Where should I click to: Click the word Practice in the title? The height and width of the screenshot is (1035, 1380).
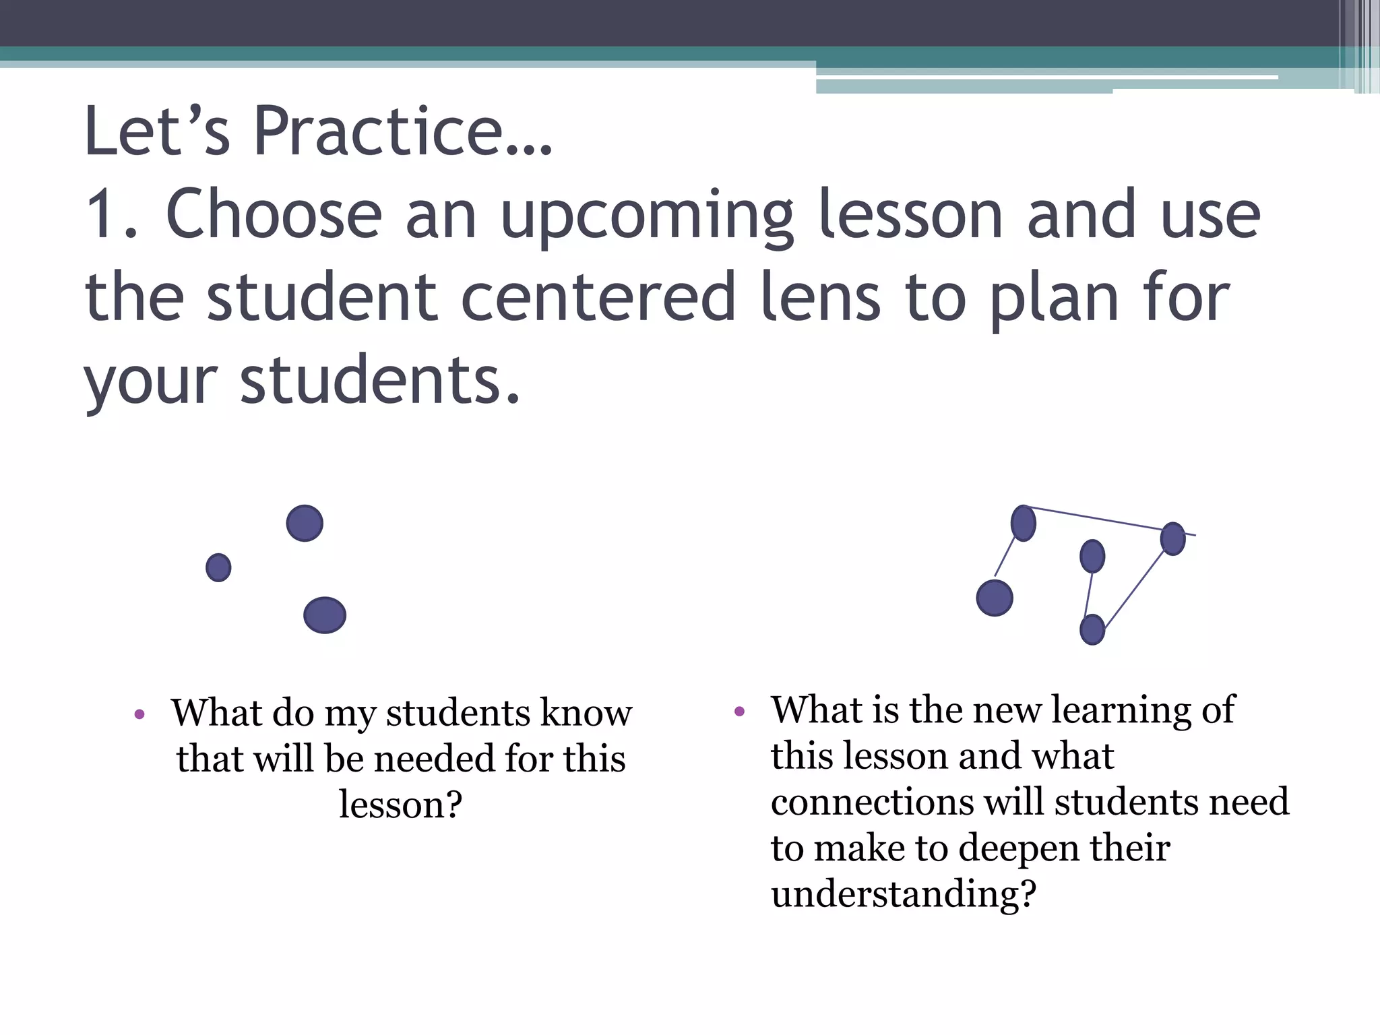(402, 131)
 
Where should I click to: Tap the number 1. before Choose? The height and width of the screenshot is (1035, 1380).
(112, 214)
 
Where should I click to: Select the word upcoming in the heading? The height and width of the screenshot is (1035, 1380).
(647, 216)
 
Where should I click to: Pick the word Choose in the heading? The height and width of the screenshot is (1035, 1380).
(274, 214)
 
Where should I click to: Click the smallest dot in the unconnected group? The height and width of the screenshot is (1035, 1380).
(218, 567)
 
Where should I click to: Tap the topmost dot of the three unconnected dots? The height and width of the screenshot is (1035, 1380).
(305, 524)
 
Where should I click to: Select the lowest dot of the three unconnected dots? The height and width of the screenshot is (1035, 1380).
(325, 615)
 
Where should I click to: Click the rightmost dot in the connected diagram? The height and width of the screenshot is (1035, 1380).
(1172, 539)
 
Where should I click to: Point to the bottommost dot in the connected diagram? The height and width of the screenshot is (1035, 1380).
(1092, 630)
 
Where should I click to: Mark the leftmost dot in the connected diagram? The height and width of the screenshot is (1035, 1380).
(995, 598)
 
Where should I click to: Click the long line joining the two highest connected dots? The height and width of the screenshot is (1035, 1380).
(1098, 519)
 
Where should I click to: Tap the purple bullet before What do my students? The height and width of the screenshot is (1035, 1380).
(139, 714)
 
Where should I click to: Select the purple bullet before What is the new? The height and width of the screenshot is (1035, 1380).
(739, 711)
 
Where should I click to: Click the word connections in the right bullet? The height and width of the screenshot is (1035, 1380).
(872, 803)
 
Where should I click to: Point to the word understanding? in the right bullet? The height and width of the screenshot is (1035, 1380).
(903, 895)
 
